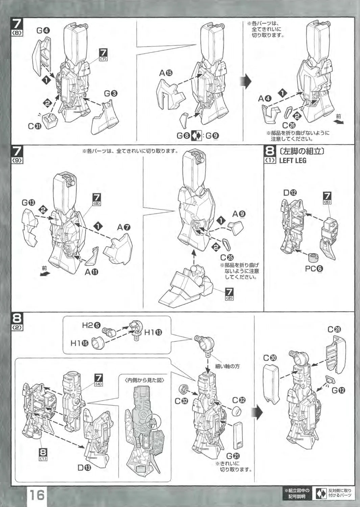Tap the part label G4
(43, 30)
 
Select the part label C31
(35, 126)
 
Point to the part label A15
(166, 73)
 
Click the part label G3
(111, 93)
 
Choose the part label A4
(265, 99)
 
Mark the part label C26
(289, 125)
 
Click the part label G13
(28, 202)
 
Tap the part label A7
(124, 227)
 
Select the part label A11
(92, 272)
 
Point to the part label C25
(227, 258)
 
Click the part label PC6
(314, 269)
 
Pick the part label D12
(290, 193)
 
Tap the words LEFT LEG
(293, 161)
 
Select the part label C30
(270, 358)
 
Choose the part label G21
(233, 456)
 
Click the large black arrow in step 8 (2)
(258, 413)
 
